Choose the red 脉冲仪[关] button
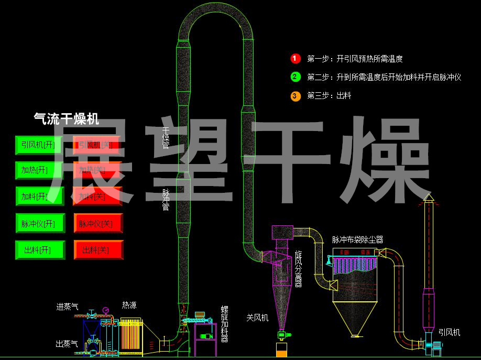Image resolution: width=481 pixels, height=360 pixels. pos(98,224)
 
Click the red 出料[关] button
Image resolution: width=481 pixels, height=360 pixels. pos(98,250)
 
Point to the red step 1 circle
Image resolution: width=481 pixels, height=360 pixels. pos(295,59)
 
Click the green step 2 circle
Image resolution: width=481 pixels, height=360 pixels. pos(295,77)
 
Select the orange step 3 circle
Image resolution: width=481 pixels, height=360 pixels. pos(295,95)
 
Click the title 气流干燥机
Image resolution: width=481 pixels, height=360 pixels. pos(66,119)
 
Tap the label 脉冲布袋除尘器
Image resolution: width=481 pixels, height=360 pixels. pos(357,239)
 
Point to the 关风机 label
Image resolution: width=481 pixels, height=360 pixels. pos(257,318)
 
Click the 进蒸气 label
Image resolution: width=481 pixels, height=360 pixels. pos(67,307)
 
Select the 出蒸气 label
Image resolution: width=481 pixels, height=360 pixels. pos(67,344)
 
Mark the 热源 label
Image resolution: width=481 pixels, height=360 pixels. pos(129,305)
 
